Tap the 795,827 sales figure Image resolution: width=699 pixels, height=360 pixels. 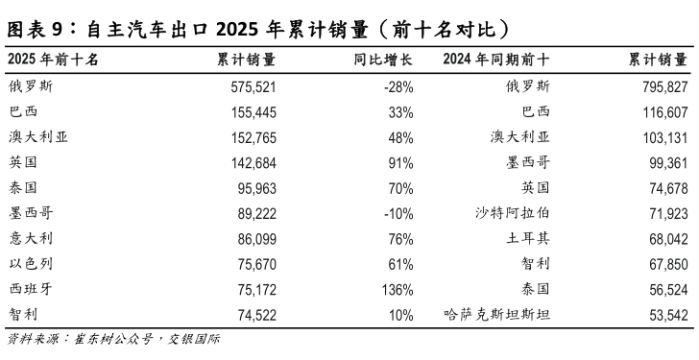tap(660, 86)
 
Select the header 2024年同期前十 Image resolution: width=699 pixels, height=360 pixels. tap(496, 60)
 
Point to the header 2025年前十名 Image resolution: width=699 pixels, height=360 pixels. tap(52, 60)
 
